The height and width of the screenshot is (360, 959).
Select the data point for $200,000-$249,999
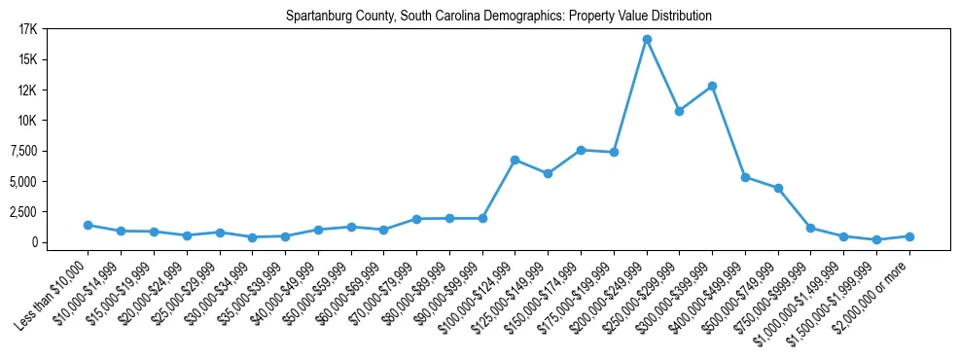(647, 39)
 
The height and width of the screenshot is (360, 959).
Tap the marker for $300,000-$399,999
(713, 86)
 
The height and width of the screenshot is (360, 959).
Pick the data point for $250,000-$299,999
(680, 111)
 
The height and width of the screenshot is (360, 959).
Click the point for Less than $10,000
(88, 225)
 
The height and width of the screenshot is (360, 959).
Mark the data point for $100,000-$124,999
(515, 160)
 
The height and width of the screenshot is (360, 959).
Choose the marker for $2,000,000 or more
(909, 236)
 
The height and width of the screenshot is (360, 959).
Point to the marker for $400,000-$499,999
(745, 177)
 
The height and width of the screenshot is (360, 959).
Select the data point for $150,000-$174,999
(581, 150)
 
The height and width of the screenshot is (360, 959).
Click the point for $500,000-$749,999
(778, 188)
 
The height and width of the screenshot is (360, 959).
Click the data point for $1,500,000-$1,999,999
(876, 239)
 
